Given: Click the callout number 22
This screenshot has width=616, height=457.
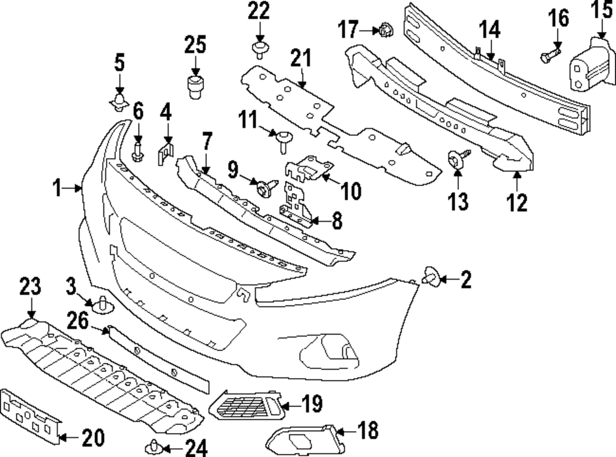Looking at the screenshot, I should click(259, 12).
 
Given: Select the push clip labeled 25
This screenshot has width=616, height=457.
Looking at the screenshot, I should click(196, 86).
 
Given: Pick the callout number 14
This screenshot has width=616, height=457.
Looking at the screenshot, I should click(490, 29).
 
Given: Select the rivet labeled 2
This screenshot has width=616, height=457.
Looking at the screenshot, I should click(429, 278).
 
